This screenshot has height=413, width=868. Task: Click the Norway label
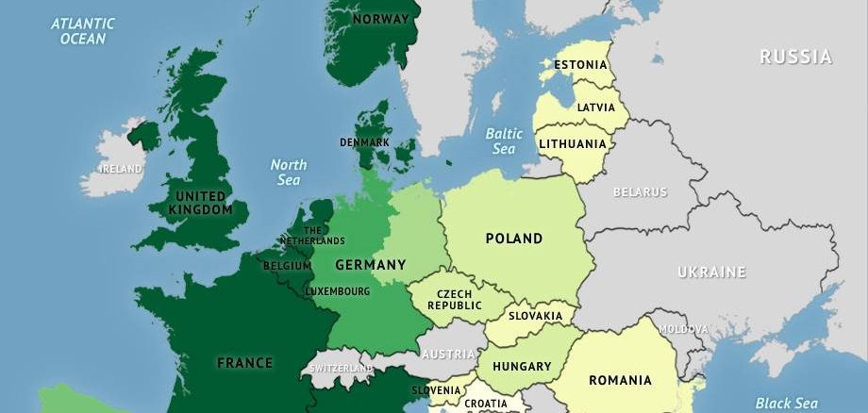(x=381, y=19)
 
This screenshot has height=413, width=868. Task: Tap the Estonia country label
(x=580, y=65)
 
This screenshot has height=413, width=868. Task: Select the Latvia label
(x=595, y=107)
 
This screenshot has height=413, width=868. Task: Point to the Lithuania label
(x=573, y=144)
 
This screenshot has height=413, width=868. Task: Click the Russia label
(x=796, y=58)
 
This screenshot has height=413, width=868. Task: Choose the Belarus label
(x=640, y=192)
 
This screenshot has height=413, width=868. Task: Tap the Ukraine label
(x=711, y=273)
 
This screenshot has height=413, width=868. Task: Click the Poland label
(x=514, y=239)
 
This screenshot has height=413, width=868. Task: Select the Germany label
(x=371, y=264)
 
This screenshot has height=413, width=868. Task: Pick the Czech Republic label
(x=455, y=299)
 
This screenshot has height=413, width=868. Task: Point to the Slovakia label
(x=535, y=317)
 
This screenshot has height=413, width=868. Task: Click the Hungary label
(x=521, y=366)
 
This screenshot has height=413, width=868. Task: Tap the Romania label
(x=620, y=381)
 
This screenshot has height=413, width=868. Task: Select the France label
(x=244, y=362)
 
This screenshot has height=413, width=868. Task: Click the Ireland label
(x=122, y=169)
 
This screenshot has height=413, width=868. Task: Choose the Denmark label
(x=364, y=143)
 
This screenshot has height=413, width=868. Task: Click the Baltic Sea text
(x=504, y=141)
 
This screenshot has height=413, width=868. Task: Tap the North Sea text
(x=289, y=173)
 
